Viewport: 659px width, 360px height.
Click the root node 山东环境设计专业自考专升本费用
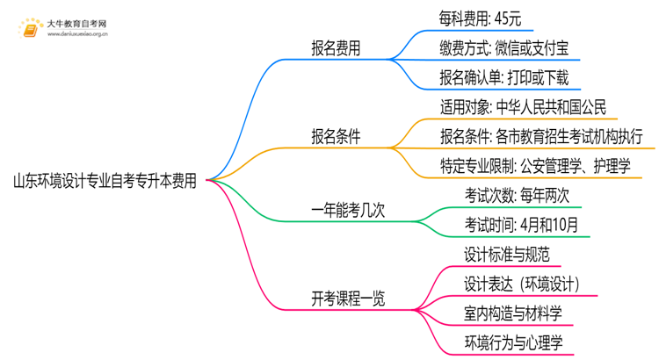105,182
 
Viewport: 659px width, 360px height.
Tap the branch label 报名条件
336,137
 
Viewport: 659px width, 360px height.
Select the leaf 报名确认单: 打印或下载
503,78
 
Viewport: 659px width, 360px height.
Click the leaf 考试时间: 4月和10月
522,225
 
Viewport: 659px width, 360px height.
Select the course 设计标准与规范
506,255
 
